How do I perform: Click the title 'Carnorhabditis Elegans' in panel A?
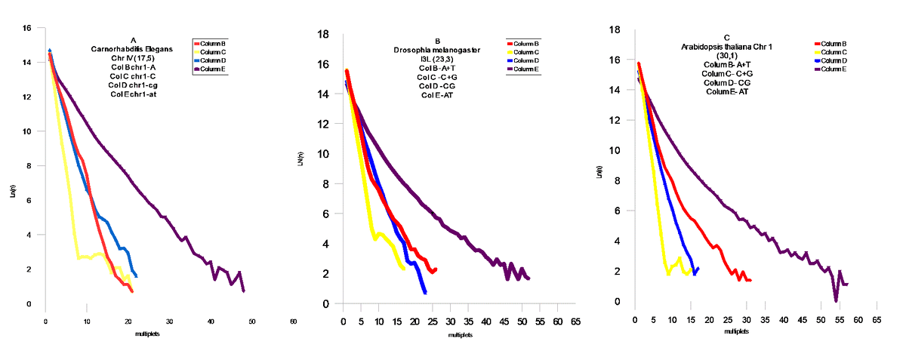pyautogui.click(x=133, y=49)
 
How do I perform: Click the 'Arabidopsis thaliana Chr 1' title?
pyautogui.click(x=726, y=47)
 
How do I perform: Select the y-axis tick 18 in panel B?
pyautogui.click(x=322, y=34)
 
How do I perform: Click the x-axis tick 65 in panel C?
pyautogui.click(x=877, y=320)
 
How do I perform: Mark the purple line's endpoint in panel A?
pyautogui.click(x=244, y=291)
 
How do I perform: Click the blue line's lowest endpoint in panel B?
pyautogui.click(x=425, y=292)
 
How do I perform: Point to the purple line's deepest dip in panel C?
pyautogui.click(x=837, y=300)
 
